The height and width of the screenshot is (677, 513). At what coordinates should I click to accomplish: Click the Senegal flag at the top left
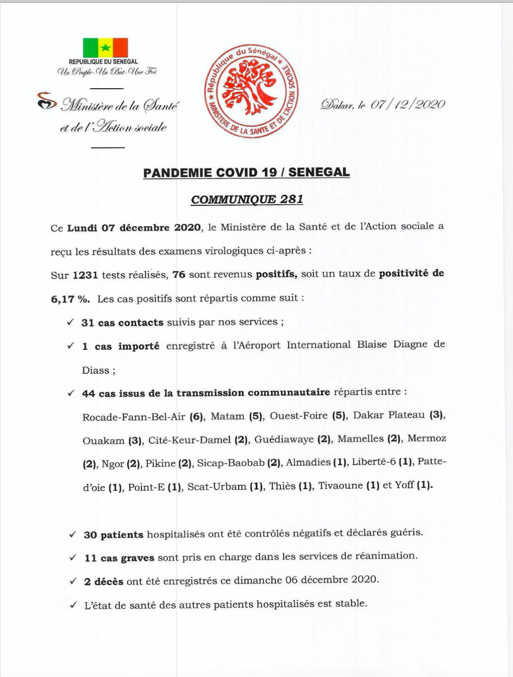click(105, 47)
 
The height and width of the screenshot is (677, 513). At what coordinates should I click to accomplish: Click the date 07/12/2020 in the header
click(407, 105)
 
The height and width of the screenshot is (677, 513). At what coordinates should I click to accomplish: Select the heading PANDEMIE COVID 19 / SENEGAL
click(246, 173)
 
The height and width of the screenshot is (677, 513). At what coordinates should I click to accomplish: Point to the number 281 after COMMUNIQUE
click(291, 200)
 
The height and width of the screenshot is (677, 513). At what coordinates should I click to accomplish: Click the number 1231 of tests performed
click(85, 275)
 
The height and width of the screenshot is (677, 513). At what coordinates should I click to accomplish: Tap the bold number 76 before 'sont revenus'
click(179, 275)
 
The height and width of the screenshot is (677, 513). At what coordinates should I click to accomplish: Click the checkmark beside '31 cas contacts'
click(70, 323)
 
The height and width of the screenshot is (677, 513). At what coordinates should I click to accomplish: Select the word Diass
click(95, 370)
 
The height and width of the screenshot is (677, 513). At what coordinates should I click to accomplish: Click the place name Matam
click(227, 416)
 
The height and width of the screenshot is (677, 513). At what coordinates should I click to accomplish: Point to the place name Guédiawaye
click(284, 440)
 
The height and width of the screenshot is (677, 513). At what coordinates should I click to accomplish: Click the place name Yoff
click(404, 485)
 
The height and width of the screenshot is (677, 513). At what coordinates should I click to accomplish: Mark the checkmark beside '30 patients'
click(72, 535)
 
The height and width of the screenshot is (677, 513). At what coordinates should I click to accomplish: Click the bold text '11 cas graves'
click(119, 558)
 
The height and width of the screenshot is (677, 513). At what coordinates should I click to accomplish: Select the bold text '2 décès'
click(103, 581)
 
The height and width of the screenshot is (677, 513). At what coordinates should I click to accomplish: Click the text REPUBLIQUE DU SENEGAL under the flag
click(103, 62)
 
